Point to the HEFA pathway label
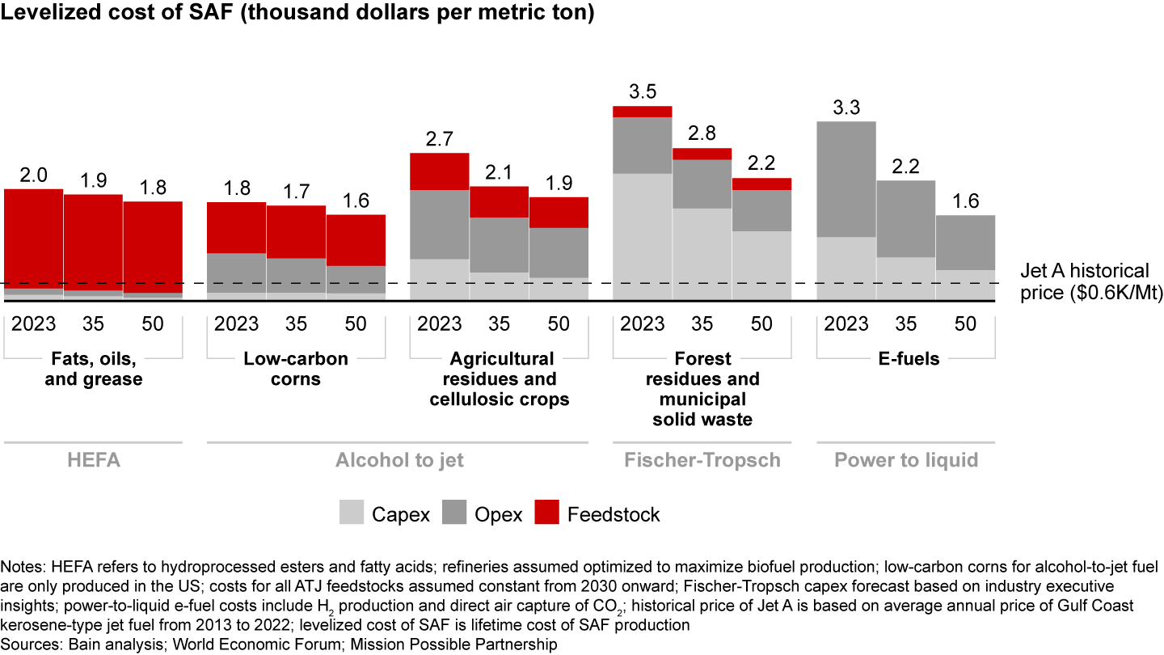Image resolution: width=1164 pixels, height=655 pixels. pos(92,460)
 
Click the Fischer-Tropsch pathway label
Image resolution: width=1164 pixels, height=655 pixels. pos(702,460)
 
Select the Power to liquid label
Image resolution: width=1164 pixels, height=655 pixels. pos(905,460)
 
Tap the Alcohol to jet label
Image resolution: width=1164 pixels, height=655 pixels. pos(400,460)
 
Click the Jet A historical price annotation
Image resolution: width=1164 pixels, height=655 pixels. pos(1082,282)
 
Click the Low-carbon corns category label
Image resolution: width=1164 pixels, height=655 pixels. pos(296,369)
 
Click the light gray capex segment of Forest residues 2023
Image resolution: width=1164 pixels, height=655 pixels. pos(642,235)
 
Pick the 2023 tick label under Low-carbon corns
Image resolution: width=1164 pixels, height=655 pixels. pos(236,325)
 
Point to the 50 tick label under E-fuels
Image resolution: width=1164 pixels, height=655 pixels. pos(965,325)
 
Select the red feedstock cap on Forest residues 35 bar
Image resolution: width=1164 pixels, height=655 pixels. pos(702,154)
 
